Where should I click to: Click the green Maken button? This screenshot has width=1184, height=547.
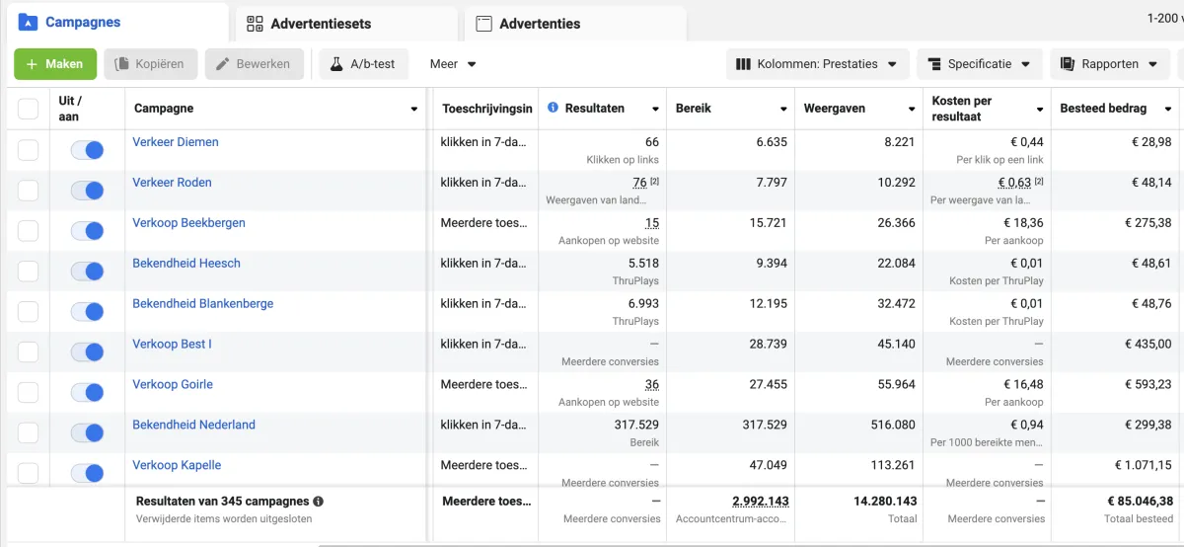pyautogui.click(x=55, y=64)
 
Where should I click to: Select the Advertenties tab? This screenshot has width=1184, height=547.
pyautogui.click(x=539, y=24)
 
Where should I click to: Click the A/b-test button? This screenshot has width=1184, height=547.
pyautogui.click(x=362, y=64)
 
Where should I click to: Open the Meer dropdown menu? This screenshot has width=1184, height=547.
pyautogui.click(x=453, y=64)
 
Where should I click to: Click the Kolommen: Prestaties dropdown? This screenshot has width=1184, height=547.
pyautogui.click(x=816, y=64)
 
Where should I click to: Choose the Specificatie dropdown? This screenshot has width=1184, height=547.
pyautogui.click(x=979, y=64)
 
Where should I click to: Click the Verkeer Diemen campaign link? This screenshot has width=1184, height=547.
pyautogui.click(x=176, y=142)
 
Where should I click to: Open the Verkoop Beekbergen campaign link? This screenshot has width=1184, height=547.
pyautogui.click(x=188, y=223)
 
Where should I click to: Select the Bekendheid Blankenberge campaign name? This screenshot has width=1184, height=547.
pyautogui.click(x=202, y=304)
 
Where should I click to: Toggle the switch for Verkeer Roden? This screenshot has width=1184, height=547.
pyautogui.click(x=87, y=191)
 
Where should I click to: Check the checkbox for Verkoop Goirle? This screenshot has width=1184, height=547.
pyautogui.click(x=28, y=392)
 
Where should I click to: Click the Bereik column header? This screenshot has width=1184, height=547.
pyautogui.click(x=694, y=109)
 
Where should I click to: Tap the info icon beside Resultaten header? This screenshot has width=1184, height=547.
pyautogui.click(x=553, y=108)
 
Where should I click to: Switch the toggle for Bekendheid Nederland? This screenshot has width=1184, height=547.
pyautogui.click(x=87, y=433)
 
